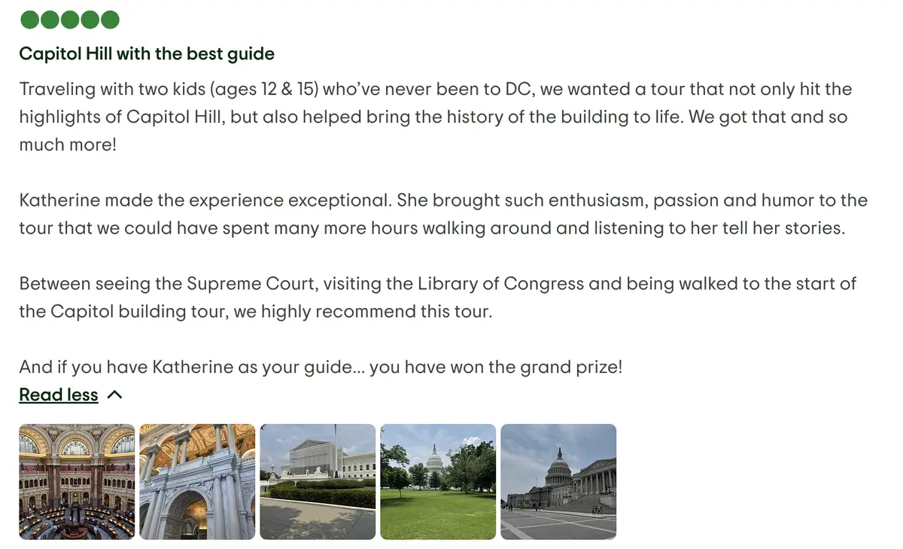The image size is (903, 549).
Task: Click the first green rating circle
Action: tap(30, 20)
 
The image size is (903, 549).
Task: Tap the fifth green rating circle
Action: tap(110, 20)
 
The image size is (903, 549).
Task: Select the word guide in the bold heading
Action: tap(251, 54)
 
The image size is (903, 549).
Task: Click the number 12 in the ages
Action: tap(269, 89)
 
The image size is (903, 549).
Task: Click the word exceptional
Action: tap(340, 200)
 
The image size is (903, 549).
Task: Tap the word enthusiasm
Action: tap(598, 200)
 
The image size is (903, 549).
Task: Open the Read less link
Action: tap(59, 395)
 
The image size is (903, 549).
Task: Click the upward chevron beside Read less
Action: tap(115, 395)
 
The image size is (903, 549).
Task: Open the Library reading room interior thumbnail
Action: tap(77, 482)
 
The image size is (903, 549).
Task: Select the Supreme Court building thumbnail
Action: tap(318, 482)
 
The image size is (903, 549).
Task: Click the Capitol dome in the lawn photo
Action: tap(434, 459)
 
